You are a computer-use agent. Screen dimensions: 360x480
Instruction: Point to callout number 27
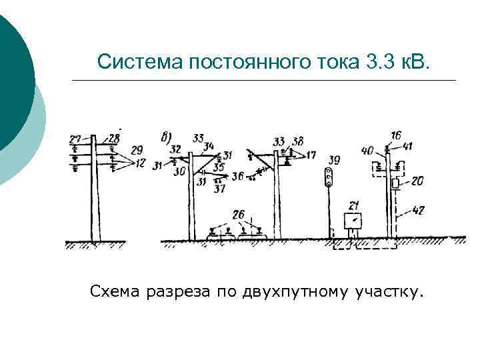click(75, 139)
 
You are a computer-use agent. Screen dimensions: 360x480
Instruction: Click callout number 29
click(137, 149)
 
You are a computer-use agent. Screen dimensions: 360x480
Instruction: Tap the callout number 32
click(175, 149)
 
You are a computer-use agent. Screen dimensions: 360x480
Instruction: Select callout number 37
click(219, 189)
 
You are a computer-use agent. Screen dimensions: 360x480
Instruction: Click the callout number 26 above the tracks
click(238, 215)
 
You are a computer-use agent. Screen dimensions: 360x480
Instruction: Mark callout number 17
click(311, 155)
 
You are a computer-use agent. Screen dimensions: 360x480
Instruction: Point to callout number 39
click(334, 160)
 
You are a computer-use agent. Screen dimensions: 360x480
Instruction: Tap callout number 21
click(354, 205)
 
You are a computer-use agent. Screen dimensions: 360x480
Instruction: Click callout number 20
click(418, 181)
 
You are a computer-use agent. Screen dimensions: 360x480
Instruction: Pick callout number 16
click(397, 135)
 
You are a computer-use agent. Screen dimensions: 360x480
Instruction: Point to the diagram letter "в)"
click(167, 137)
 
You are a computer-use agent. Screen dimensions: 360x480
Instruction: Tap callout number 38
click(297, 141)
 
